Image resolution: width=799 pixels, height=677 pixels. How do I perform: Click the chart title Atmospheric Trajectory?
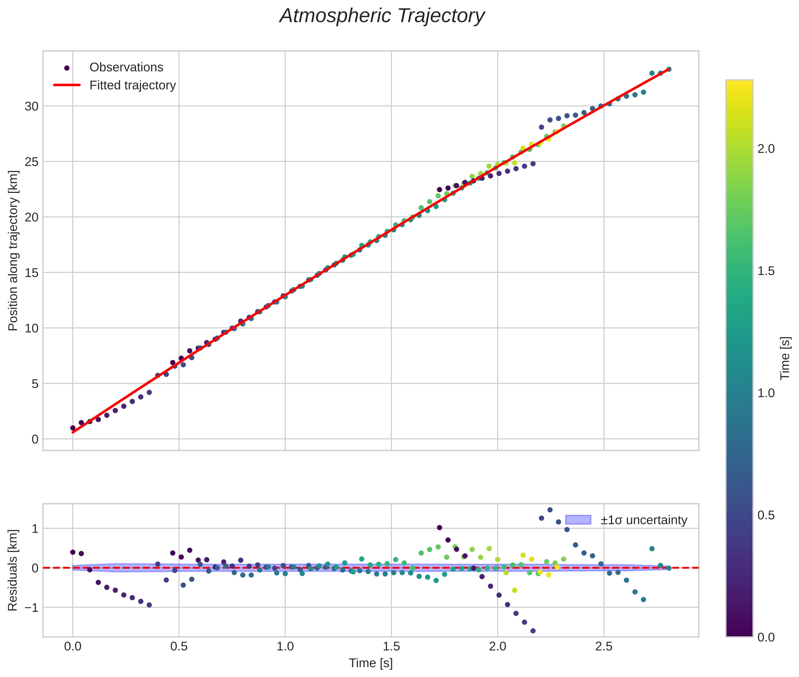click(382, 16)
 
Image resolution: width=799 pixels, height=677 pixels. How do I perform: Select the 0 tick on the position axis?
click(35, 439)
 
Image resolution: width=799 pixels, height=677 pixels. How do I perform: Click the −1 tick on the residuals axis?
click(30, 608)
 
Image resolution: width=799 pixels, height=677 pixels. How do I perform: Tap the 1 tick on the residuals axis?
click(35, 529)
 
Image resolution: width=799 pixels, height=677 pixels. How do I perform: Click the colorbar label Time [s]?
click(785, 358)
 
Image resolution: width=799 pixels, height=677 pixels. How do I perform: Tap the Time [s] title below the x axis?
click(371, 663)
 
